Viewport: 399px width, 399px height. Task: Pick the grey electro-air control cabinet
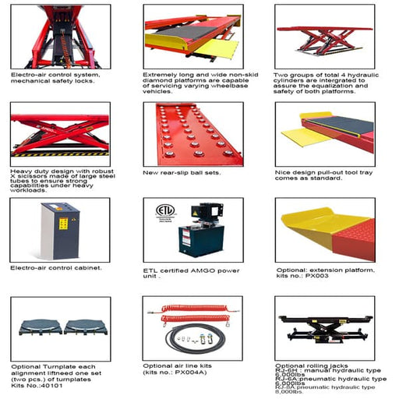coord(60,231)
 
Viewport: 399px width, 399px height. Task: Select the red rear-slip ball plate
coord(191,133)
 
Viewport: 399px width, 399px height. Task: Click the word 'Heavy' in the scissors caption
coord(20,169)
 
